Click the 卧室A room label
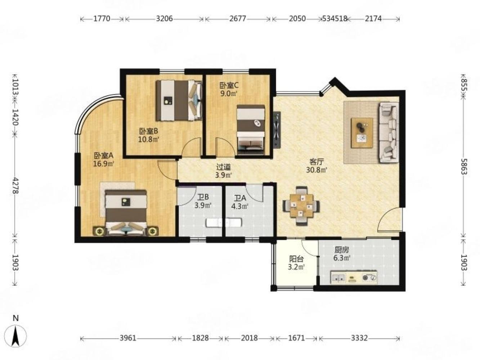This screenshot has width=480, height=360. click(x=103, y=156)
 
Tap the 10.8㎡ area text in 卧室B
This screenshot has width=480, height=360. click(x=148, y=139)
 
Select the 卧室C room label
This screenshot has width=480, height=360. click(x=229, y=85)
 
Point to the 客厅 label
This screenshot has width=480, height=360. click(x=317, y=162)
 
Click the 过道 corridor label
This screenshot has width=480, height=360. click(x=224, y=167)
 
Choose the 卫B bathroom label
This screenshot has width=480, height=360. click(x=203, y=197)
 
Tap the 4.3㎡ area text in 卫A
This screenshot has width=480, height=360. click(x=240, y=206)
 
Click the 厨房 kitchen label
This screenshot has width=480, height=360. click(x=342, y=249)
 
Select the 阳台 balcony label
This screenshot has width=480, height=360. click(x=296, y=259)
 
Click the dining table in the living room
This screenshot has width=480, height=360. click(x=301, y=206)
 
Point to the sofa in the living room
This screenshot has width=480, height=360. click(x=389, y=133)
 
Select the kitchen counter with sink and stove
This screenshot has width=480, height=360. click(x=354, y=277)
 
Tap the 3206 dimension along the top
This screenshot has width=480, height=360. click(x=164, y=19)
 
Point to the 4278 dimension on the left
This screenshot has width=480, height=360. click(x=15, y=185)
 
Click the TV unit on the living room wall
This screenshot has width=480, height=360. click(x=277, y=130)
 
